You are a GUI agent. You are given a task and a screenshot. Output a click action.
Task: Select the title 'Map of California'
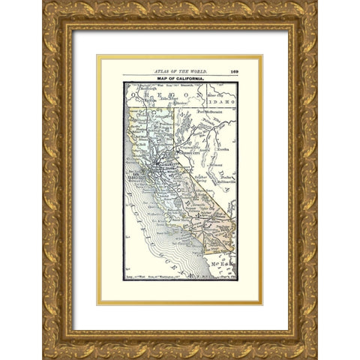tap(179, 79)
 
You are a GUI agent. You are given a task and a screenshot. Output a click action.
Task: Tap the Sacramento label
tap(162, 164)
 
